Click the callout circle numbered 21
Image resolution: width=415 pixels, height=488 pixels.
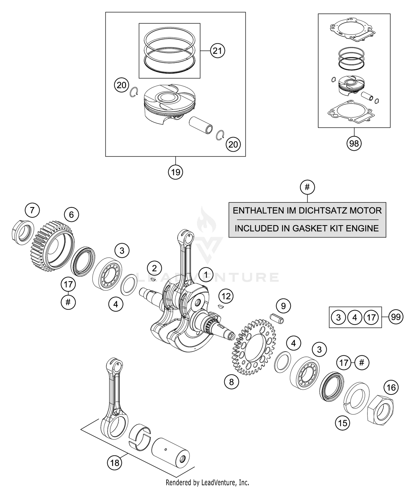click(217, 51)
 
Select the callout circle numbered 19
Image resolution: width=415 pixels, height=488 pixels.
click(175, 172)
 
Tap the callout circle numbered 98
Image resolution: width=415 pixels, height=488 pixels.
click(354, 143)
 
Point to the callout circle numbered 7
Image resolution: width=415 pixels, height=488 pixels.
click(32, 210)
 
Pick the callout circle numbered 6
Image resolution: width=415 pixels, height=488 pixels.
click(71, 215)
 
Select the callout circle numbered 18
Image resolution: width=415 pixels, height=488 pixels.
click(115, 463)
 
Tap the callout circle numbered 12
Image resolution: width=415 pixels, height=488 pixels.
click(226, 296)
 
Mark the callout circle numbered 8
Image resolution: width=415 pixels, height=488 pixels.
click(231, 382)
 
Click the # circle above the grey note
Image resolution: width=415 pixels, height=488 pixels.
click(307, 187)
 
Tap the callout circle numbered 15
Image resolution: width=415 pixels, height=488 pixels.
click(343, 423)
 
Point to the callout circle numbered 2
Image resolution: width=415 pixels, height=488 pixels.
click(154, 268)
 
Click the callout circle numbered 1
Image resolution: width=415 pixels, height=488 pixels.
click(206, 275)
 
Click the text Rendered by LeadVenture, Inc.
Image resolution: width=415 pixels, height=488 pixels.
click(207, 482)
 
